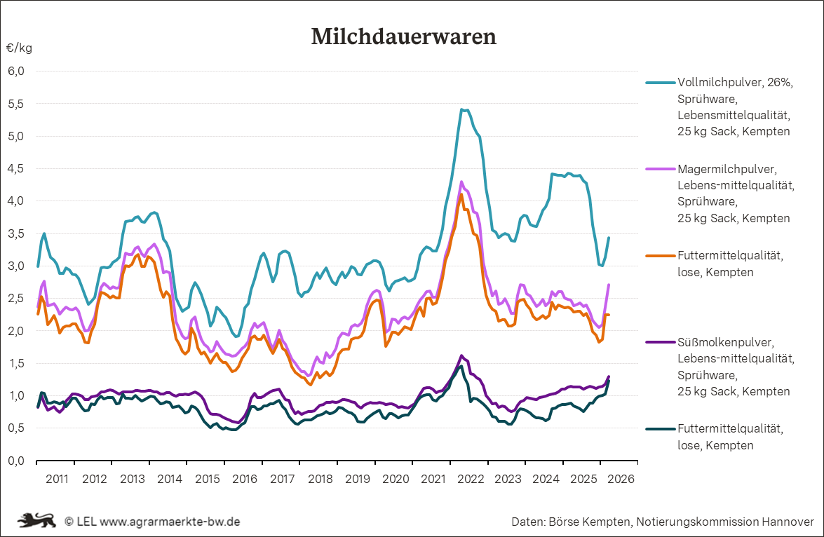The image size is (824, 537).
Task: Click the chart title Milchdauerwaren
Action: point(403,36)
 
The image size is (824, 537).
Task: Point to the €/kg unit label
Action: point(19,48)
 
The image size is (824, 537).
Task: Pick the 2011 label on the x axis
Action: point(56,480)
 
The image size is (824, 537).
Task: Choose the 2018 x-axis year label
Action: point(320,480)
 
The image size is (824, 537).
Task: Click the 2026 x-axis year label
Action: point(621,480)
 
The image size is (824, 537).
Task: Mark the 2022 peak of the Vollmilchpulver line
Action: point(461,109)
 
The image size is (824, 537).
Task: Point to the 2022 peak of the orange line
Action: point(461,194)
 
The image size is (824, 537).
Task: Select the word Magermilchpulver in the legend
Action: point(724,169)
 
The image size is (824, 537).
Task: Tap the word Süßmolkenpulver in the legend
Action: point(725,343)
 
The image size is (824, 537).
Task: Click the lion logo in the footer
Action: point(36,522)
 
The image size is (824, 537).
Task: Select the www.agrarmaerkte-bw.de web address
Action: point(170,522)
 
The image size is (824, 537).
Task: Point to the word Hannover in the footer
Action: point(787,522)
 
